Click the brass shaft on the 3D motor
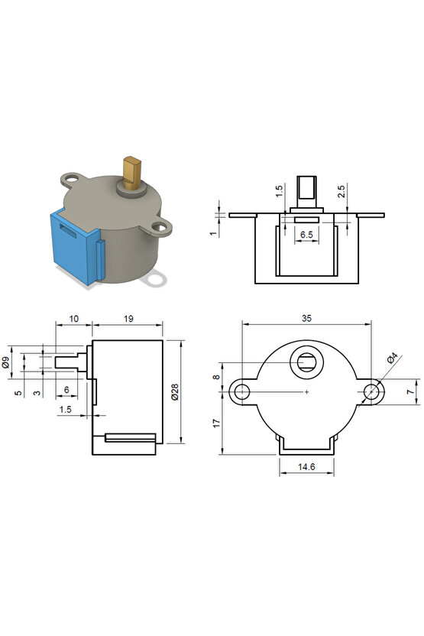133,172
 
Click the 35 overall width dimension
306,316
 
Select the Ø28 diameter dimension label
175,392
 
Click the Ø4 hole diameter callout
391,359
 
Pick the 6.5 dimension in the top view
305,235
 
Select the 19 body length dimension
127,317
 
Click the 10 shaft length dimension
73,317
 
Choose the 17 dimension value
216,423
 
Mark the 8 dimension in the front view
216,377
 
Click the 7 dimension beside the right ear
409,392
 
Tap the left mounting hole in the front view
242,392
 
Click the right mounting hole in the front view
371,392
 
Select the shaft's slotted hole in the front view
306,362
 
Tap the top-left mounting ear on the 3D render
73,179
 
